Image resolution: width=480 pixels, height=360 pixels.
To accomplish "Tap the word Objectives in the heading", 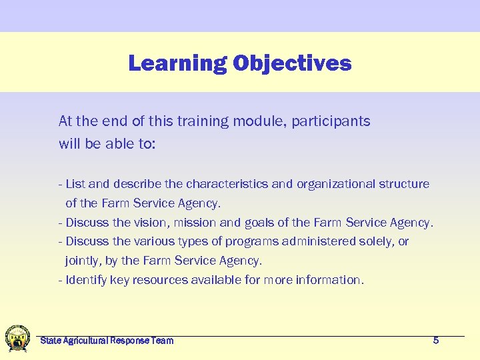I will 292,63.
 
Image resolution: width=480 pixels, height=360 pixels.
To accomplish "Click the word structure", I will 404,184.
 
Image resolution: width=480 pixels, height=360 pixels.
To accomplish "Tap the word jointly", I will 81,261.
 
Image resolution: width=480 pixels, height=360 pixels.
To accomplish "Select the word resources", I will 160,280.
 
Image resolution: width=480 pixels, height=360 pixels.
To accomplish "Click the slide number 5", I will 436,341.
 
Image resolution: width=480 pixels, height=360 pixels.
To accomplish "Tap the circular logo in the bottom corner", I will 17,338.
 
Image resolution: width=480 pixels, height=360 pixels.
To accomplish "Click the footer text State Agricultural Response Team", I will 107,341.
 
